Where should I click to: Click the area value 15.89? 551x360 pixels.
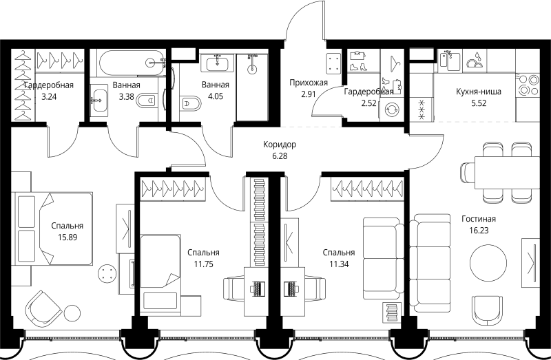coord(67,237)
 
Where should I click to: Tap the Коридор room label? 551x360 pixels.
coord(280,145)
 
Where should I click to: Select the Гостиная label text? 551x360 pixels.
coord(479,219)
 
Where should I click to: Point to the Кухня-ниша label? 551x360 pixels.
coord(479,92)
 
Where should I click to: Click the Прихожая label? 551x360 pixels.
coord(309,83)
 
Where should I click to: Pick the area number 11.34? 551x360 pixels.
coord(339,264)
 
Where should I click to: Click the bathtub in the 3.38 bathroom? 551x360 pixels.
coord(132,63)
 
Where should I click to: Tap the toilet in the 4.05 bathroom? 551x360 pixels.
coord(190,103)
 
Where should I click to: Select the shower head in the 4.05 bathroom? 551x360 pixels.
coord(252,69)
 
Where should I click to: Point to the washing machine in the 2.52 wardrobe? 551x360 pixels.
coord(391,110)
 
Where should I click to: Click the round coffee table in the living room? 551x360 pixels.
coord(488,263)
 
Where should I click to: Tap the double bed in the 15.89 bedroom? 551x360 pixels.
coord(54,229)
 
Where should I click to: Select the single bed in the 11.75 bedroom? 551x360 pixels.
coord(160,273)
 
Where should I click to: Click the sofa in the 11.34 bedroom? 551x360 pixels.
coord(384,260)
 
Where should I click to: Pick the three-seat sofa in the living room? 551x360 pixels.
coord(430,263)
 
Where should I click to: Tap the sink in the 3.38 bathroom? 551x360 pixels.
coord(98,100)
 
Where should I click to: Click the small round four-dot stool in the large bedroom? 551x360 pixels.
coord(107,273)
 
